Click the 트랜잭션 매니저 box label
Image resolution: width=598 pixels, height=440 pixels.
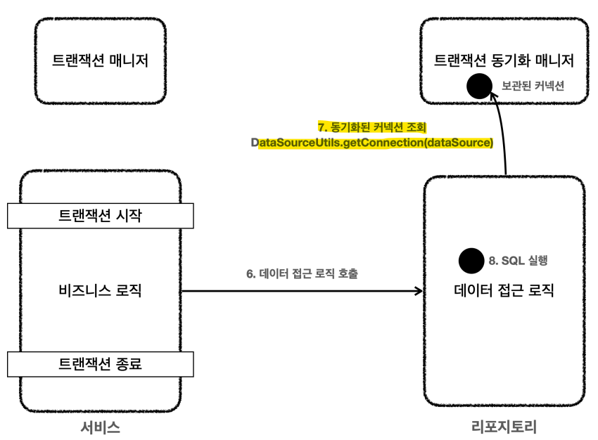click(100, 60)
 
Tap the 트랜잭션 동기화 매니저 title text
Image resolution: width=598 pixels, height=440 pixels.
click(504, 60)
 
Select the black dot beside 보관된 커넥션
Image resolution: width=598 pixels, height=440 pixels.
click(481, 86)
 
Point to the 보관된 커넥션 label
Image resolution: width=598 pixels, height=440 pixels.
click(533, 86)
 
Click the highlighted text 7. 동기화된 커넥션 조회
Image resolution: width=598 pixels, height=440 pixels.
click(373, 127)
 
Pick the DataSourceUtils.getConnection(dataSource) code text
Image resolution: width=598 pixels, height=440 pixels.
click(372, 143)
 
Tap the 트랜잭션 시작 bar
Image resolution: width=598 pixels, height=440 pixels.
click(100, 215)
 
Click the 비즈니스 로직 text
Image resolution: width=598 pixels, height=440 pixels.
click(100, 289)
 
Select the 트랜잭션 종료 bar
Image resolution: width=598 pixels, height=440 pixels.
click(100, 363)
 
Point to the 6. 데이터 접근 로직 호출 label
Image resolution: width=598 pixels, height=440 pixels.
click(303, 273)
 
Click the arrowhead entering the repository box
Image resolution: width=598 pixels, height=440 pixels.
click(419, 290)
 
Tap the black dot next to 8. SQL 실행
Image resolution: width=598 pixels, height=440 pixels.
click(471, 261)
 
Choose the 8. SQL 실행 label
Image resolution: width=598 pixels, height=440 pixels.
click(518, 261)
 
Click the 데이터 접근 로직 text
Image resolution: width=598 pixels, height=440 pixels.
click(504, 289)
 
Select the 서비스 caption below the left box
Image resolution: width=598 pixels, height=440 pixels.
click(100, 427)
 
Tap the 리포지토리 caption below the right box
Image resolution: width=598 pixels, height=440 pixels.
click(504, 427)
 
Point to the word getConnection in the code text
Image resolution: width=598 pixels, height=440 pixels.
click(381, 143)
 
